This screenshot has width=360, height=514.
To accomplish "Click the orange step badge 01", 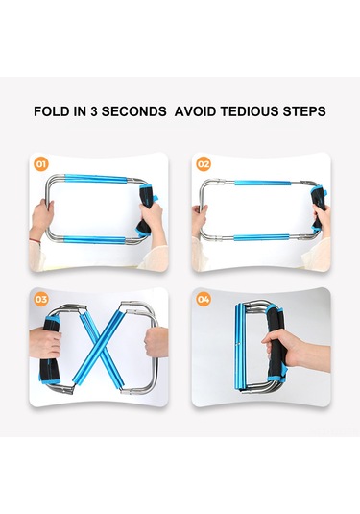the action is click(x=40, y=164).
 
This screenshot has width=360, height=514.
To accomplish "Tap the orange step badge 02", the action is click(x=204, y=164).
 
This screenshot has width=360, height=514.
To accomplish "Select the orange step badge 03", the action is click(x=40, y=299).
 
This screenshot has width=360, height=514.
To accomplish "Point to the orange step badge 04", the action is click(x=204, y=299).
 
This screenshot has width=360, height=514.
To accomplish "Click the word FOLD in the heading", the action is click(x=52, y=111).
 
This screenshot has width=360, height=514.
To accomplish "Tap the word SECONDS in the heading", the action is click(x=134, y=111).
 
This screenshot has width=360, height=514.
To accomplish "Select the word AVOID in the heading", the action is click(x=195, y=111).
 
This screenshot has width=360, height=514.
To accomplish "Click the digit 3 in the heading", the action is click(x=94, y=111).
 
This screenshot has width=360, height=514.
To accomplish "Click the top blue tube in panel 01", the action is click(x=96, y=179).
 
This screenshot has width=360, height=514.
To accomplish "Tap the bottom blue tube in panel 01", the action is click(x=95, y=239).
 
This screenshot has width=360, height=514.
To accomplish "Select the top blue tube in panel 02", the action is click(x=263, y=183).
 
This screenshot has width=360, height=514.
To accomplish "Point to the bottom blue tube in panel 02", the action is click(x=261, y=237).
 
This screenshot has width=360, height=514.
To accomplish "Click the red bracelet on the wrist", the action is click(x=36, y=241).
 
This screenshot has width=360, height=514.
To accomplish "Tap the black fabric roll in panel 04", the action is click(x=276, y=341).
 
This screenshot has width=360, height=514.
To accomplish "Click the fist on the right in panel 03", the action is click(x=156, y=342).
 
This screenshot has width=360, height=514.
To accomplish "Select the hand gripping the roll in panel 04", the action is click(x=278, y=348).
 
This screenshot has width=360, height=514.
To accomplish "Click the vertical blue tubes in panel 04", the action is click(x=240, y=347).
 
